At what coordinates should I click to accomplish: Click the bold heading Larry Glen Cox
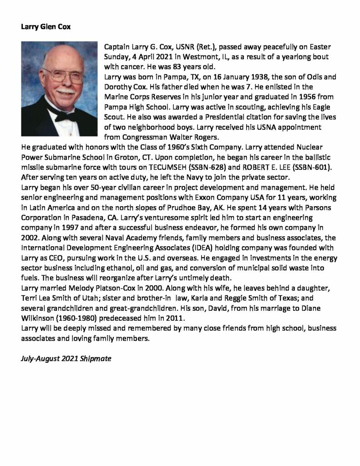[46, 26]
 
